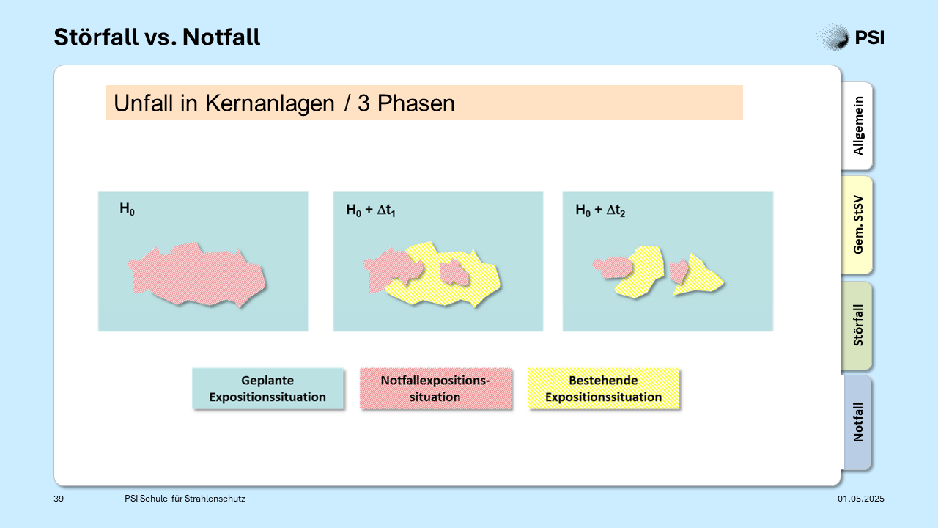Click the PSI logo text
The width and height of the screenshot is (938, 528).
tap(869, 37)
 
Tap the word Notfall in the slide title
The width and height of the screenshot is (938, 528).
tap(221, 37)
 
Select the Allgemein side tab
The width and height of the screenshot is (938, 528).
tap(857, 125)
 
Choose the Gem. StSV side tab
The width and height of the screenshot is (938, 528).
tap(857, 224)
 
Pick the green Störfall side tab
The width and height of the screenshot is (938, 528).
tap(857, 325)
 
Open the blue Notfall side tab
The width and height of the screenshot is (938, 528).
tap(857, 422)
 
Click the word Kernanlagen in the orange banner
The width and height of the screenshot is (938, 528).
tap(270, 103)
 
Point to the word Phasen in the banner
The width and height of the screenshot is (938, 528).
tap(416, 103)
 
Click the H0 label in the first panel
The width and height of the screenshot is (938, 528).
tap(128, 209)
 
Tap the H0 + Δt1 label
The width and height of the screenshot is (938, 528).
tap(371, 210)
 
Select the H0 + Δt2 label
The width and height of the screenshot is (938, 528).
tap(600, 210)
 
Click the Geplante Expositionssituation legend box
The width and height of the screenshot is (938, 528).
tap(267, 389)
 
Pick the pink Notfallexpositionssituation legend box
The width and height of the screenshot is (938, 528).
tap(435, 389)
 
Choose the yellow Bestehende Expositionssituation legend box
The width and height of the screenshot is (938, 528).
tap(603, 389)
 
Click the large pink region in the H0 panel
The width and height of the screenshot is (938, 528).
tap(197, 274)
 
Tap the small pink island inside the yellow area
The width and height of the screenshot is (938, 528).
tap(454, 272)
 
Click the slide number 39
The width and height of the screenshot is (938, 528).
tap(59, 499)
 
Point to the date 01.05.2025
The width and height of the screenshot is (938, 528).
tap(861, 499)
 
